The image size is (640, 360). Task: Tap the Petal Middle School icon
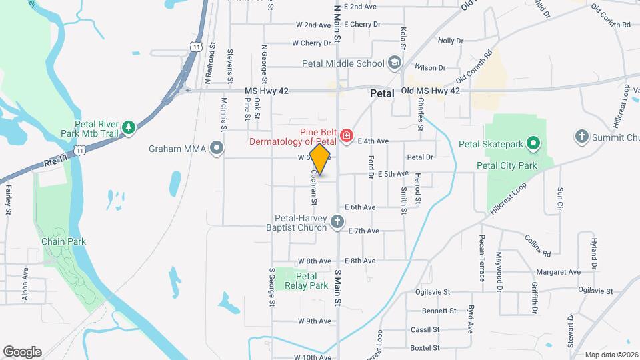coord(395,63)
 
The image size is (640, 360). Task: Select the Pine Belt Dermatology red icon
coord(346,137)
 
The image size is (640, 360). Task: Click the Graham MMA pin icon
coord(216,148)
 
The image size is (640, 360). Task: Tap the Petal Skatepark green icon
coord(533,143)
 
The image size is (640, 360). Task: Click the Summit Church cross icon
coord(581,137)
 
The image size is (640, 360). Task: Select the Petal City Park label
coord(507,165)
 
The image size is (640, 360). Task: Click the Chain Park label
coord(63,241)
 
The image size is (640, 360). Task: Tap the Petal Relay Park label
coord(306,281)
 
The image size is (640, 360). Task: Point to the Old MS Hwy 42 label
coord(431,91)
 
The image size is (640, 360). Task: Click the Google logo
coord(22,352)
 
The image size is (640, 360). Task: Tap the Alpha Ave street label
coord(25,283)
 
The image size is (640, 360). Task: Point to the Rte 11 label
coord(56,161)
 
